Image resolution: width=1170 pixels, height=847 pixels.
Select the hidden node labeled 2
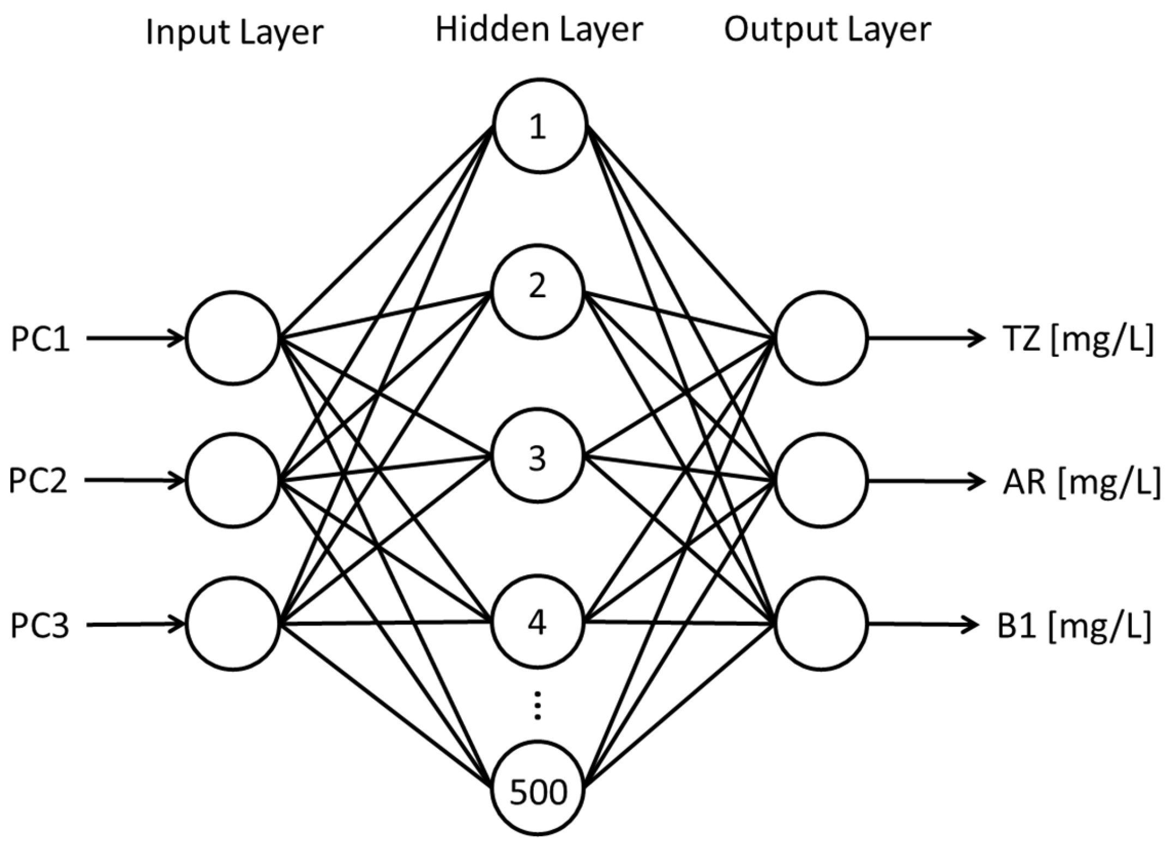[538, 292]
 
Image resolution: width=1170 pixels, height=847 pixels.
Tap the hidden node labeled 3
[538, 455]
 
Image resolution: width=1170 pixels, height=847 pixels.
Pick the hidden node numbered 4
[538, 621]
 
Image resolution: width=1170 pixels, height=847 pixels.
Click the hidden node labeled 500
[538, 788]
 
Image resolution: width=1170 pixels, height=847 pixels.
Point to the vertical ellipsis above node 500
[538, 706]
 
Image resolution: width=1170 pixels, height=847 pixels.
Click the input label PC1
[40, 339]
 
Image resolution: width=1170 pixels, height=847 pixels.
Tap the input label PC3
[40, 625]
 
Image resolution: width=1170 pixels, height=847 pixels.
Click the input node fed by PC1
[233, 338]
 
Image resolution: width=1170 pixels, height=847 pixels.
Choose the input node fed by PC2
[233, 480]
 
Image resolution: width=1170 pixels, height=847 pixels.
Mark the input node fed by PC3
[233, 623]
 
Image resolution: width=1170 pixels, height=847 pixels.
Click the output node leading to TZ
[821, 338]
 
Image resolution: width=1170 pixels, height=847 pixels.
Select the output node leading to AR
[821, 480]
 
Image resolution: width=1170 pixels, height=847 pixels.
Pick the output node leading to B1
[821, 623]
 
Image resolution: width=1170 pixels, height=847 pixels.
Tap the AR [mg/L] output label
[1081, 482]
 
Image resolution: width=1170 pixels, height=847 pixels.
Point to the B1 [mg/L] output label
[1073, 626]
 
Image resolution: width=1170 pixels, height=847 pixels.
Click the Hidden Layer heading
[539, 29]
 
